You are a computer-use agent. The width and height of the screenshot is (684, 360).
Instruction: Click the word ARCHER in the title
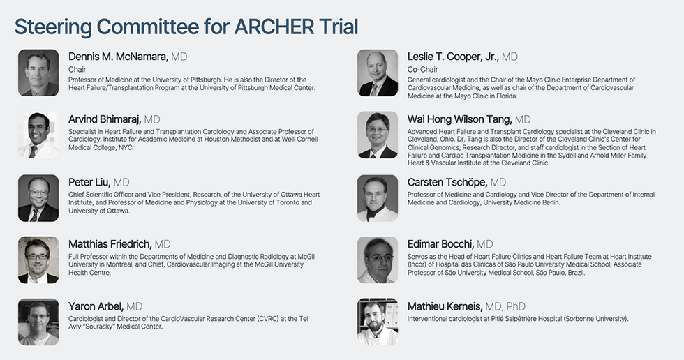[x=274, y=27]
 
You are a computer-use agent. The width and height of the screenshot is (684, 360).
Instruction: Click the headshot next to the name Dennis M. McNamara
[x=38, y=73]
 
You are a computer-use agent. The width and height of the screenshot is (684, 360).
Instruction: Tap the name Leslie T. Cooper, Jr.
[x=453, y=57]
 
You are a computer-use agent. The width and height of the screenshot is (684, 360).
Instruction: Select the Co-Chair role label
[x=422, y=69]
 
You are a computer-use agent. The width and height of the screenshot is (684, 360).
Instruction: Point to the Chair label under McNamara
[x=77, y=69]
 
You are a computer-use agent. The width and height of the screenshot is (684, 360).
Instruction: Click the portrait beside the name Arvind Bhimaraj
[x=38, y=135]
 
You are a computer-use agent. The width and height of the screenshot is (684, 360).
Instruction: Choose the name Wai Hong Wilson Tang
[x=460, y=119]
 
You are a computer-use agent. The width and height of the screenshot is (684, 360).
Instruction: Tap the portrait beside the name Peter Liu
[x=38, y=198]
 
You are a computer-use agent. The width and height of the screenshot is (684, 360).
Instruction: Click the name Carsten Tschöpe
[x=447, y=182]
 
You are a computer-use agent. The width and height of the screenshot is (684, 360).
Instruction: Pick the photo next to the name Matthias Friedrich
[x=38, y=260]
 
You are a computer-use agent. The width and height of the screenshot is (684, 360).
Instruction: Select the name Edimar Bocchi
[x=440, y=244]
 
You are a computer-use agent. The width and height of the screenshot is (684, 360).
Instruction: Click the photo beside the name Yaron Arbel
[x=38, y=322]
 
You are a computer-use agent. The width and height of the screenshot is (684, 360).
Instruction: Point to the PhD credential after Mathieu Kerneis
[x=516, y=306]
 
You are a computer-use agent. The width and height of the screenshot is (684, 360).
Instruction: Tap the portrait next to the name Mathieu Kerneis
[x=378, y=322]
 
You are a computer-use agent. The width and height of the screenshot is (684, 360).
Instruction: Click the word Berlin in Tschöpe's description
[x=550, y=202]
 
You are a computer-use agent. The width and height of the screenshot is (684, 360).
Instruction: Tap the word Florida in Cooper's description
[x=504, y=96]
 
